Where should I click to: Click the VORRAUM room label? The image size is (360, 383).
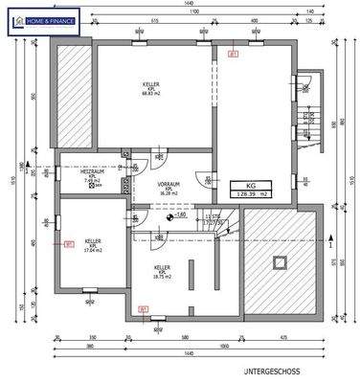pyautogui.click(x=169, y=188)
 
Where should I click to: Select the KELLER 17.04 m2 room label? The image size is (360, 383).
pyautogui.click(x=92, y=246)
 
